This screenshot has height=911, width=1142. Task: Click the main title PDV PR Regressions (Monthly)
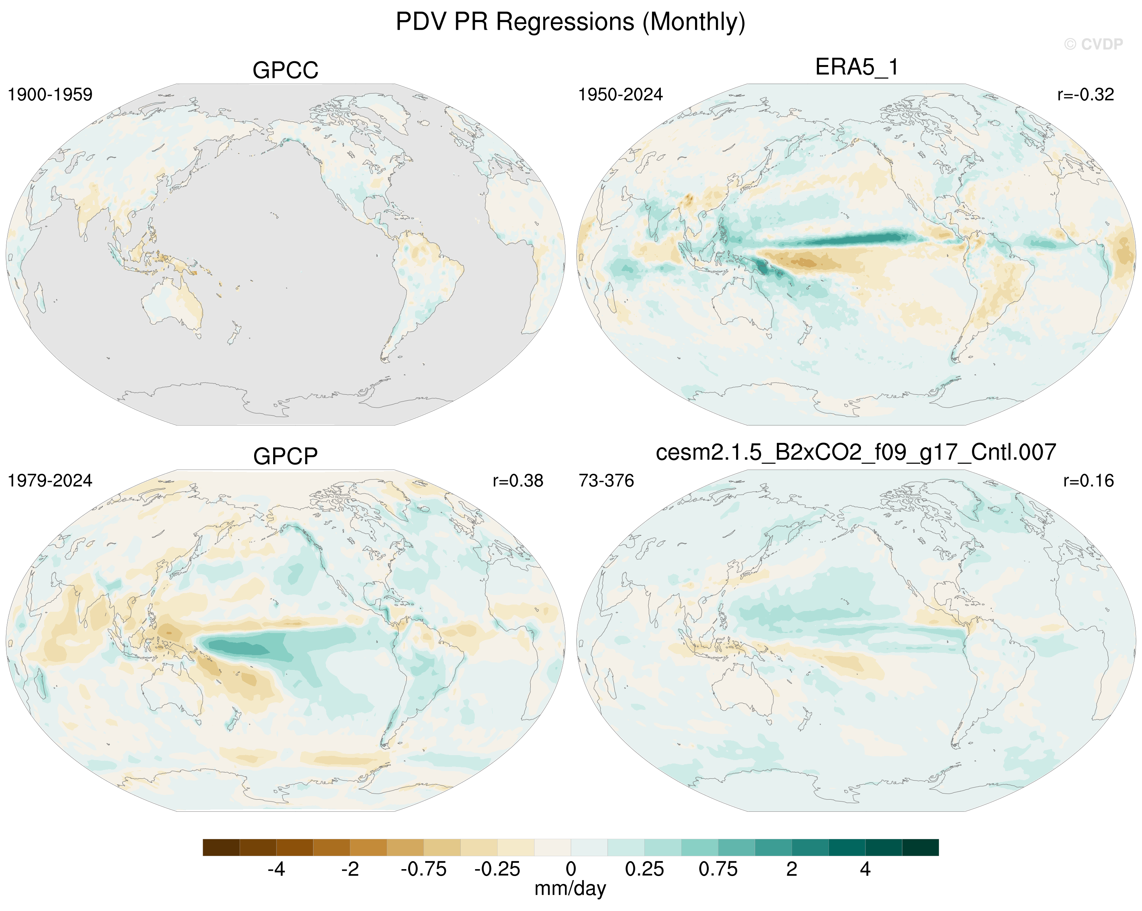(x=571, y=22)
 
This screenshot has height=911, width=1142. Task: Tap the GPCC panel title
(x=285, y=70)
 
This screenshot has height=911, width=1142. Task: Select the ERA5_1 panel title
(x=857, y=67)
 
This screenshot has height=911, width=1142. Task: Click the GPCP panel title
(x=285, y=456)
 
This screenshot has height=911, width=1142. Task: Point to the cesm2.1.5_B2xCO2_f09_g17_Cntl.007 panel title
(x=856, y=452)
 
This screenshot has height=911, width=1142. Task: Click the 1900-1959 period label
(x=50, y=95)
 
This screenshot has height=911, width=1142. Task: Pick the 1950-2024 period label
(x=620, y=95)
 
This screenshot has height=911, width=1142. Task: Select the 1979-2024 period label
(x=50, y=481)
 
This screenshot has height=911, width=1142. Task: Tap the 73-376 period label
(x=606, y=481)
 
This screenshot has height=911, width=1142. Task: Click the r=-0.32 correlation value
(x=1085, y=95)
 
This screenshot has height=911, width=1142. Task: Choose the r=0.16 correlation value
(x=1088, y=481)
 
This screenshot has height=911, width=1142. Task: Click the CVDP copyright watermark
(x=1093, y=44)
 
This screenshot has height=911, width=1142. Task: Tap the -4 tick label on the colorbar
(x=277, y=869)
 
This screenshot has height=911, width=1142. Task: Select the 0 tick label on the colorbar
(x=571, y=869)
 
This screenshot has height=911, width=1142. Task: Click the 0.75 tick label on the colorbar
(x=718, y=869)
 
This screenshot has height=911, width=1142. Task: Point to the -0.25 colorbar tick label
(x=497, y=869)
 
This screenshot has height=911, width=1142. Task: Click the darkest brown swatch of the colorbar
(x=221, y=848)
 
